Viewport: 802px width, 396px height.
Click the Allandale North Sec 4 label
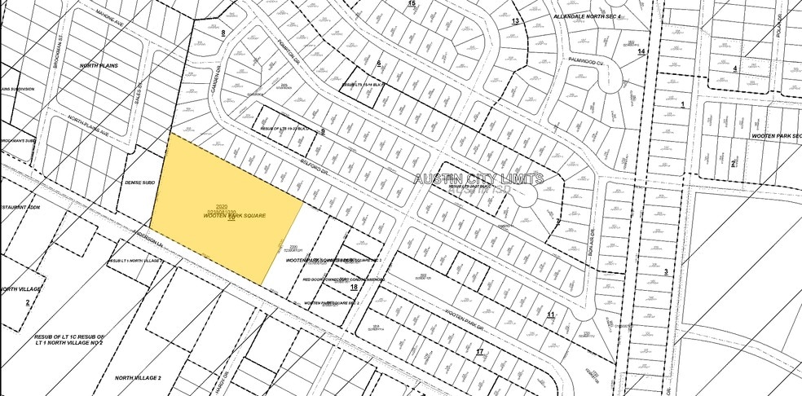[x=587, y=16]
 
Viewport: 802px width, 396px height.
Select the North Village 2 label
[x=138, y=378]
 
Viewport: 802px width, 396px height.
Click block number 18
[x=354, y=288]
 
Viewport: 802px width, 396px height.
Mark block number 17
[x=480, y=352]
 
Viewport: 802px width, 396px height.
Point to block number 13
[x=515, y=20]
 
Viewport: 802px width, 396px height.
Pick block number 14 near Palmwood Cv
[x=641, y=52]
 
